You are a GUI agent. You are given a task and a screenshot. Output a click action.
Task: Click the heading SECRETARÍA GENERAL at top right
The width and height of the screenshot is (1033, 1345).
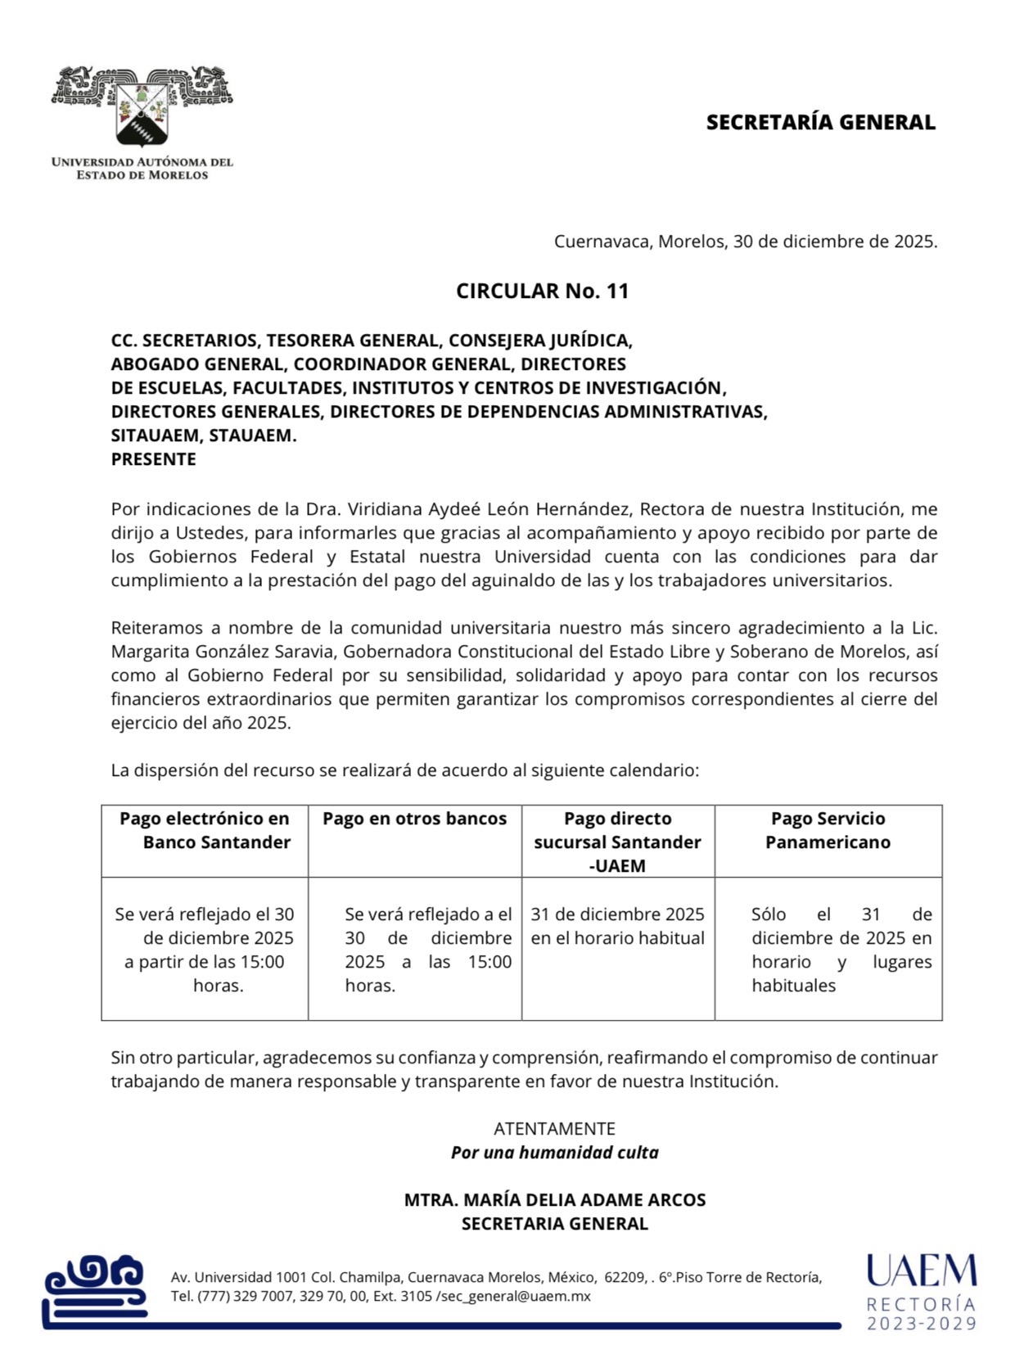(x=820, y=123)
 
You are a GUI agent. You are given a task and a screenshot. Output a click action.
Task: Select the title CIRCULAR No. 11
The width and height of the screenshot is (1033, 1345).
(x=542, y=291)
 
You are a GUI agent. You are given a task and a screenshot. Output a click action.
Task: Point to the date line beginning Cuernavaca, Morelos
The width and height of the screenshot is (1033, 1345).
(x=745, y=241)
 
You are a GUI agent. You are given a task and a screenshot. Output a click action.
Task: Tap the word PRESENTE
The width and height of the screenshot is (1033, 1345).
(x=154, y=459)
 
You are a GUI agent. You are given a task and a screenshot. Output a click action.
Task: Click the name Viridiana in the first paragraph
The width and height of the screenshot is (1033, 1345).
(x=384, y=509)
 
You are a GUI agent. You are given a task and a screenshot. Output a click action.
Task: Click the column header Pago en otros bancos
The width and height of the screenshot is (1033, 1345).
(x=414, y=819)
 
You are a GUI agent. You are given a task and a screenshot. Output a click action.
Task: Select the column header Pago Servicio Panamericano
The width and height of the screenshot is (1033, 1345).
(x=828, y=830)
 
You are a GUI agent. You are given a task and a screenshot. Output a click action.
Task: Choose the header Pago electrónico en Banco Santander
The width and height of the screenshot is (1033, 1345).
(x=205, y=830)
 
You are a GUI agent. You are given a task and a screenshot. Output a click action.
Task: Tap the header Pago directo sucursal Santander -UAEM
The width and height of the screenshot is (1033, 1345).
(x=617, y=842)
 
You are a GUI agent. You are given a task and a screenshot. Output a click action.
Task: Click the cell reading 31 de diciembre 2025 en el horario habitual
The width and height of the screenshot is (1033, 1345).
(x=617, y=926)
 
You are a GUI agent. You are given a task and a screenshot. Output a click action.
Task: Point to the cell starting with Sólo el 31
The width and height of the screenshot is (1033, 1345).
(x=841, y=950)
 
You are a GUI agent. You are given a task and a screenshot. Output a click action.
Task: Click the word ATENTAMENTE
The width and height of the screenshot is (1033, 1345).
(x=554, y=1129)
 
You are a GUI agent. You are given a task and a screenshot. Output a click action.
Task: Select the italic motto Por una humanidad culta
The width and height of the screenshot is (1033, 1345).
(x=554, y=1153)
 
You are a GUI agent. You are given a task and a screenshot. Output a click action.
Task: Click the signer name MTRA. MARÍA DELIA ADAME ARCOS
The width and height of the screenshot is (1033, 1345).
(x=554, y=1200)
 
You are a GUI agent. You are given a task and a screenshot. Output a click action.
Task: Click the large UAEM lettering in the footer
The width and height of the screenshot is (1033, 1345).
(x=921, y=1271)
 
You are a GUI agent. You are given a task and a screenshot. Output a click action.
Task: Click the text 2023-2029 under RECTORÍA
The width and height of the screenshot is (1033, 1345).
(x=922, y=1324)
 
